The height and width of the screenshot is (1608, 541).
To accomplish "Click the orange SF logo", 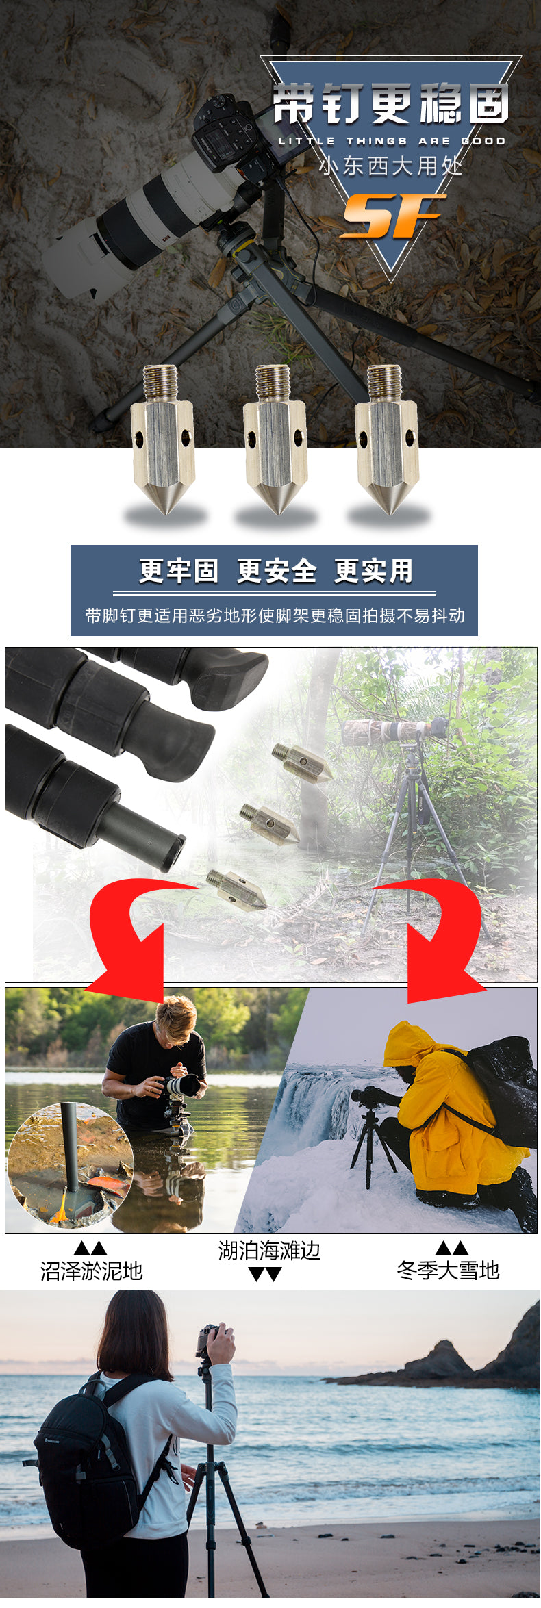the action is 393,216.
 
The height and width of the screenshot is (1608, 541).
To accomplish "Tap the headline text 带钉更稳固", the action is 392,104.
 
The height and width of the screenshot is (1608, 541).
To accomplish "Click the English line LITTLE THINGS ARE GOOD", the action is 392,141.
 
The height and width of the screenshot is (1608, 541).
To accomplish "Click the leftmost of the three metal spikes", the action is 162,439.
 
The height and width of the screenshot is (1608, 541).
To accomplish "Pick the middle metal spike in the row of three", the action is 275,439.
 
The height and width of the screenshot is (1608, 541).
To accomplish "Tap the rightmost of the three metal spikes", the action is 387,439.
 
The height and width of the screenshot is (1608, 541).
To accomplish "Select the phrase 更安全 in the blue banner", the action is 276,571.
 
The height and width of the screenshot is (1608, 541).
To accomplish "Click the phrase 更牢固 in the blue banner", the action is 178,571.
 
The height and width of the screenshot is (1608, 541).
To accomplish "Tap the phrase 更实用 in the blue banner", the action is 374,571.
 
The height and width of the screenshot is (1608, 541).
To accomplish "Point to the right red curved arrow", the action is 438,931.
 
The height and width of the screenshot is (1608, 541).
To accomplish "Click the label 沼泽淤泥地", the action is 91,1271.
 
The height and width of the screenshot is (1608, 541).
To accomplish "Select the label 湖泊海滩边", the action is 269,1251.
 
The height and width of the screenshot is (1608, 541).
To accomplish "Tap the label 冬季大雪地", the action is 449,1271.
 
